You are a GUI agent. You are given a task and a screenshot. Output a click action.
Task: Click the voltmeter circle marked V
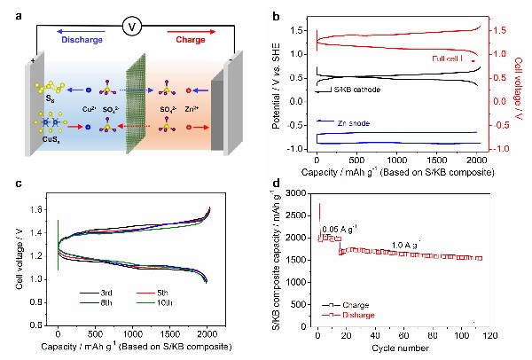[x=132, y=27]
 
